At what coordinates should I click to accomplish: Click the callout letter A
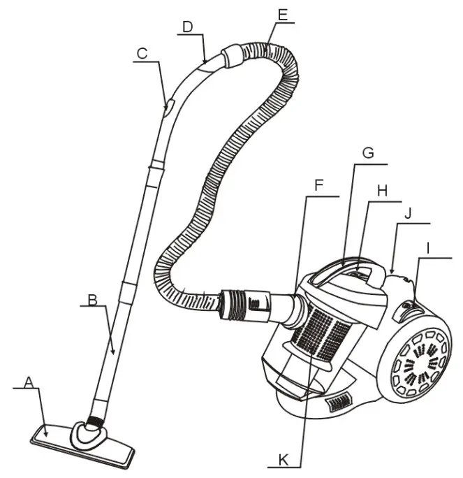[29, 382]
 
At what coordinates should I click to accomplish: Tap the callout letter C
[142, 53]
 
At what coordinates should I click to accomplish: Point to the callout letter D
[187, 27]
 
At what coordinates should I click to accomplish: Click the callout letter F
[318, 187]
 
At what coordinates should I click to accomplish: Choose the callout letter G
[369, 152]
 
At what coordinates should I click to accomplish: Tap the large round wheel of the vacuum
[415, 365]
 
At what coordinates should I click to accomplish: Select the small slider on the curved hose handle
[168, 107]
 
